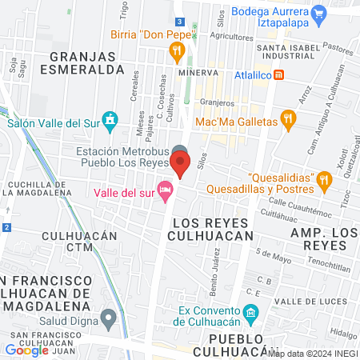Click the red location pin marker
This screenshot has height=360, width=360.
(181, 165)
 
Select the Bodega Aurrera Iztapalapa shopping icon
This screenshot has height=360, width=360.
(318, 12)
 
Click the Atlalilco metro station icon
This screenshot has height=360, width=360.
(278, 75)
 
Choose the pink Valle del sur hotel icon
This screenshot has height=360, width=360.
(166, 190)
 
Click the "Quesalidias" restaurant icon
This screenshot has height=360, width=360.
(323, 178)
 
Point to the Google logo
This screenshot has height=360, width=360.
(26, 350)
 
